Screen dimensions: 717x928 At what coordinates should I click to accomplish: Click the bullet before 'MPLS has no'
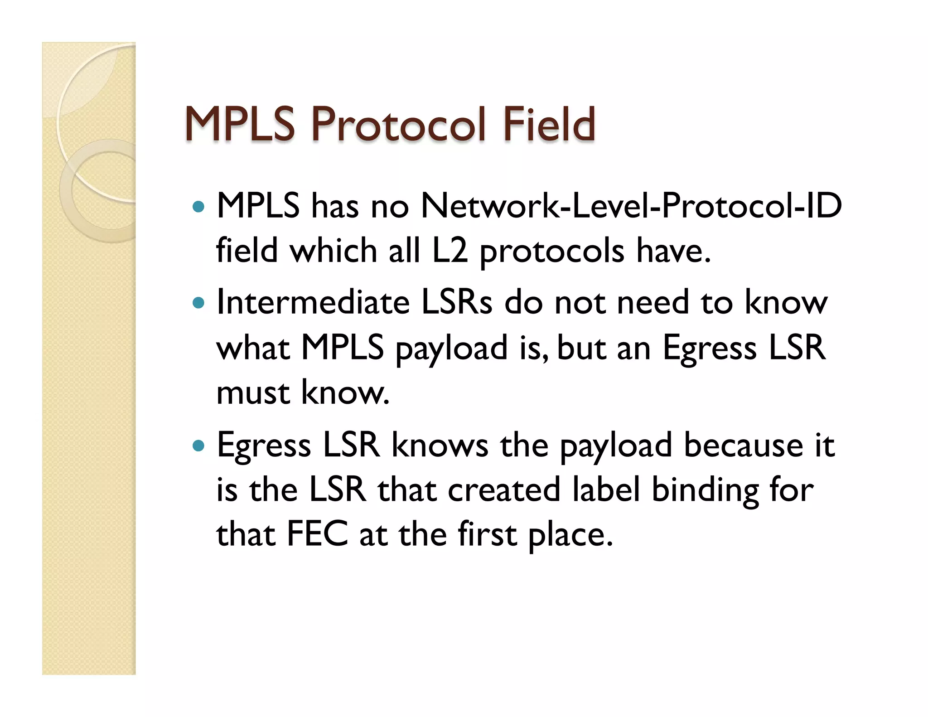(198, 207)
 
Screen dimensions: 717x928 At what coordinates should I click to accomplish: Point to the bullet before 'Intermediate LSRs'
(198, 303)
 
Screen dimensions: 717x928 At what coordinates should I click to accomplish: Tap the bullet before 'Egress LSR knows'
(198, 446)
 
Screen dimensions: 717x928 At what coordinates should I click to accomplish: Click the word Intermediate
(313, 302)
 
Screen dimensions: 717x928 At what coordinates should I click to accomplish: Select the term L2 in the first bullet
(449, 251)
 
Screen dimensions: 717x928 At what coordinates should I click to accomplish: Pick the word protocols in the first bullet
(552, 252)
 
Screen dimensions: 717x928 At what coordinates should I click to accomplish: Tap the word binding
(705, 491)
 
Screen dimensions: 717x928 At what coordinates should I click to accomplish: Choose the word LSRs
(457, 302)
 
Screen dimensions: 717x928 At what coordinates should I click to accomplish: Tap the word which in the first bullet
(333, 251)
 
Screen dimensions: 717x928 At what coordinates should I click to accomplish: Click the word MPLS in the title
(240, 124)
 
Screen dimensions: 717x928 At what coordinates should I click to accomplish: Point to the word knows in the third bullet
(440, 446)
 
